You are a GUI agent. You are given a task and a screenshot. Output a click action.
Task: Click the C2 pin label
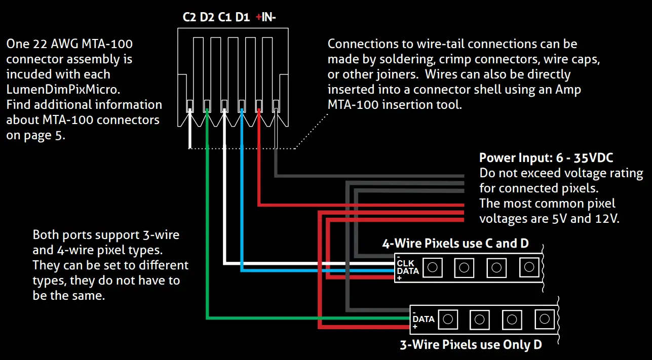[x=189, y=18]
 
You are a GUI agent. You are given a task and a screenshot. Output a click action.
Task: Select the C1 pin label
[x=225, y=18]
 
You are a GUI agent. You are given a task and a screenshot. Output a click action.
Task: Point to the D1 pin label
[x=243, y=18]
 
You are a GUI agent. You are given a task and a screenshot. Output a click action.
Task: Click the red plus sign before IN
[x=258, y=18]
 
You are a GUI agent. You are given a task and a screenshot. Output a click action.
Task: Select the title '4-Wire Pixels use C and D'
[x=455, y=244]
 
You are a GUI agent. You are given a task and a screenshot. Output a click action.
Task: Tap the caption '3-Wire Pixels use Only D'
[x=471, y=345]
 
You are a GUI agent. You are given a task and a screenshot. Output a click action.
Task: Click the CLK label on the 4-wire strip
[x=405, y=263]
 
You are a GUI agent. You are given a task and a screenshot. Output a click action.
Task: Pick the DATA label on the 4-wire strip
[x=408, y=271]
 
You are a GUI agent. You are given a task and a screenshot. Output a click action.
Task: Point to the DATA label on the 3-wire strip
[x=424, y=319]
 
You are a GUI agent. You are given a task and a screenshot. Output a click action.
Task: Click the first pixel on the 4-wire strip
[x=432, y=267]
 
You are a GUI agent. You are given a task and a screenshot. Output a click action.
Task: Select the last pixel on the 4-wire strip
[x=529, y=267]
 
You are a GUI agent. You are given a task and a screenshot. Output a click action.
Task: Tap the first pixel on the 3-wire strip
[x=447, y=319]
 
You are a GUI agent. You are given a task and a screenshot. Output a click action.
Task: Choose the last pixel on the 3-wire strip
[x=544, y=319]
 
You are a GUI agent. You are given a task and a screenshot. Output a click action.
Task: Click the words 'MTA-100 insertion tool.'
[x=395, y=105]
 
